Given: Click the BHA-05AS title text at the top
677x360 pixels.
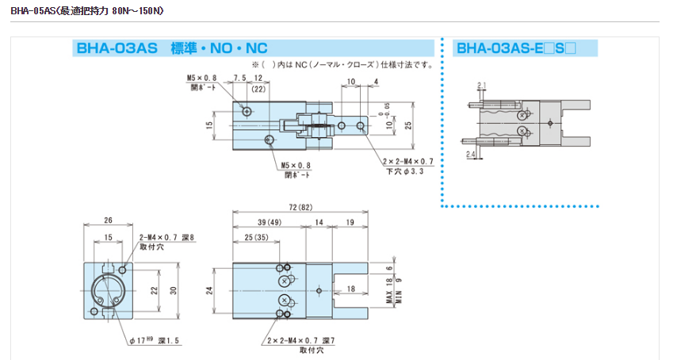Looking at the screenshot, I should pyautogui.click(x=87, y=12).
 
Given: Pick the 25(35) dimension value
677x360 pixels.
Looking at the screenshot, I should pyautogui.click(x=256, y=237).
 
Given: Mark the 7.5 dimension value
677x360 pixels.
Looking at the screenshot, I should pyautogui.click(x=240, y=78).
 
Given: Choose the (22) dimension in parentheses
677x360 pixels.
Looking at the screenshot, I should pyautogui.click(x=259, y=90).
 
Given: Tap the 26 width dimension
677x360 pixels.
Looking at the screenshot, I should pyautogui.click(x=108, y=221).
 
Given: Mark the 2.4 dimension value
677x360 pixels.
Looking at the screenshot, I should pyautogui.click(x=470, y=153).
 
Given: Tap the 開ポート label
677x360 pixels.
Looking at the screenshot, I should pyautogui.click(x=202, y=88).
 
